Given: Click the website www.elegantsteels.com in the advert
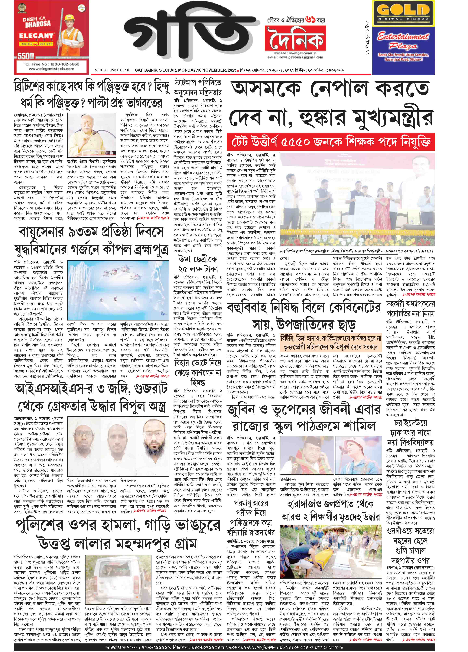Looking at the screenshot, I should coord(52,69).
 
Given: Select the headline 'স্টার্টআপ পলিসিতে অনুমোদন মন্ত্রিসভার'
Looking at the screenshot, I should coord(198,87).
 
